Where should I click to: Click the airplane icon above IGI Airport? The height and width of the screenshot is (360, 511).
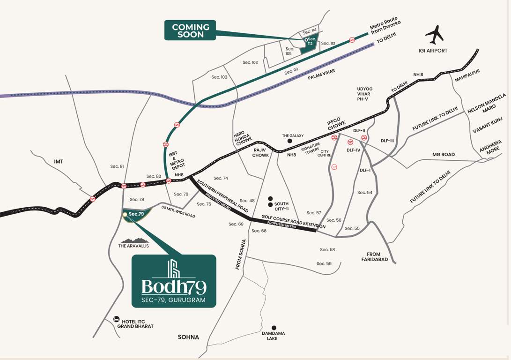coord(434,35)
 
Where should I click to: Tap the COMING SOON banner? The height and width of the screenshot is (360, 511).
coord(190,30)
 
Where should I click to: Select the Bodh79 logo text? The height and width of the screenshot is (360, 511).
coord(174,287)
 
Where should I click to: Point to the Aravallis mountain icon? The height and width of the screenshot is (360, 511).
coord(134,240)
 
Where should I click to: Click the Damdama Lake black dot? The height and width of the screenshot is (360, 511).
coord(274,328)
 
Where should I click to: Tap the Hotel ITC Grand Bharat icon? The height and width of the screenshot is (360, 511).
coord(116,319)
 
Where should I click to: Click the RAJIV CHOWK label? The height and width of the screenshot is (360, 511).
coord(261,152)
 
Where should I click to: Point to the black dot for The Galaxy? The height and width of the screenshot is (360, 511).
coord(289,141)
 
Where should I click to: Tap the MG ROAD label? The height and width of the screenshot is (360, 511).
coord(443,154)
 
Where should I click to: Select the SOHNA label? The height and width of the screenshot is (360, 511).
coord(188,337)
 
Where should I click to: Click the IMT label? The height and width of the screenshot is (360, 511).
coord(59,161)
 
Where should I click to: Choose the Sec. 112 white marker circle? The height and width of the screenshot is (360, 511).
coord(306,40)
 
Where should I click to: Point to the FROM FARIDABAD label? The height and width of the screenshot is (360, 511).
coord(374,257)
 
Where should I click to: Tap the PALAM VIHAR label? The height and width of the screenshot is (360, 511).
coord(321,74)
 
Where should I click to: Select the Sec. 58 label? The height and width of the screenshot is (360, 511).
coord(327,250)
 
